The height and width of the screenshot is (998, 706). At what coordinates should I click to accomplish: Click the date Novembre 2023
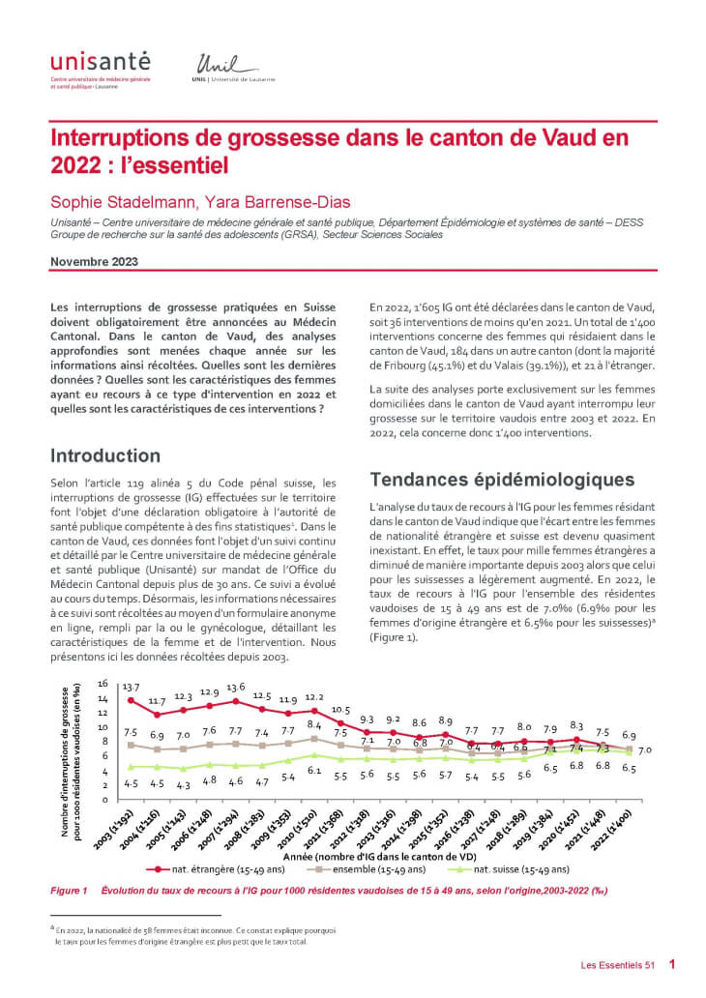point(94,262)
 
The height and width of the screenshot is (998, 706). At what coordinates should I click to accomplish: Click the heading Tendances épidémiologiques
point(502,479)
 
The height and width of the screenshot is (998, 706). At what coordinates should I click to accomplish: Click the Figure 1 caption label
point(70,890)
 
